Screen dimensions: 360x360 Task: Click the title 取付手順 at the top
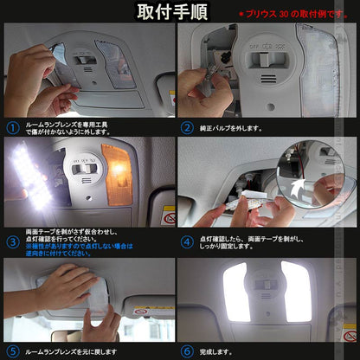(180, 12)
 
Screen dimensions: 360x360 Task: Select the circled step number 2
(188, 127)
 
